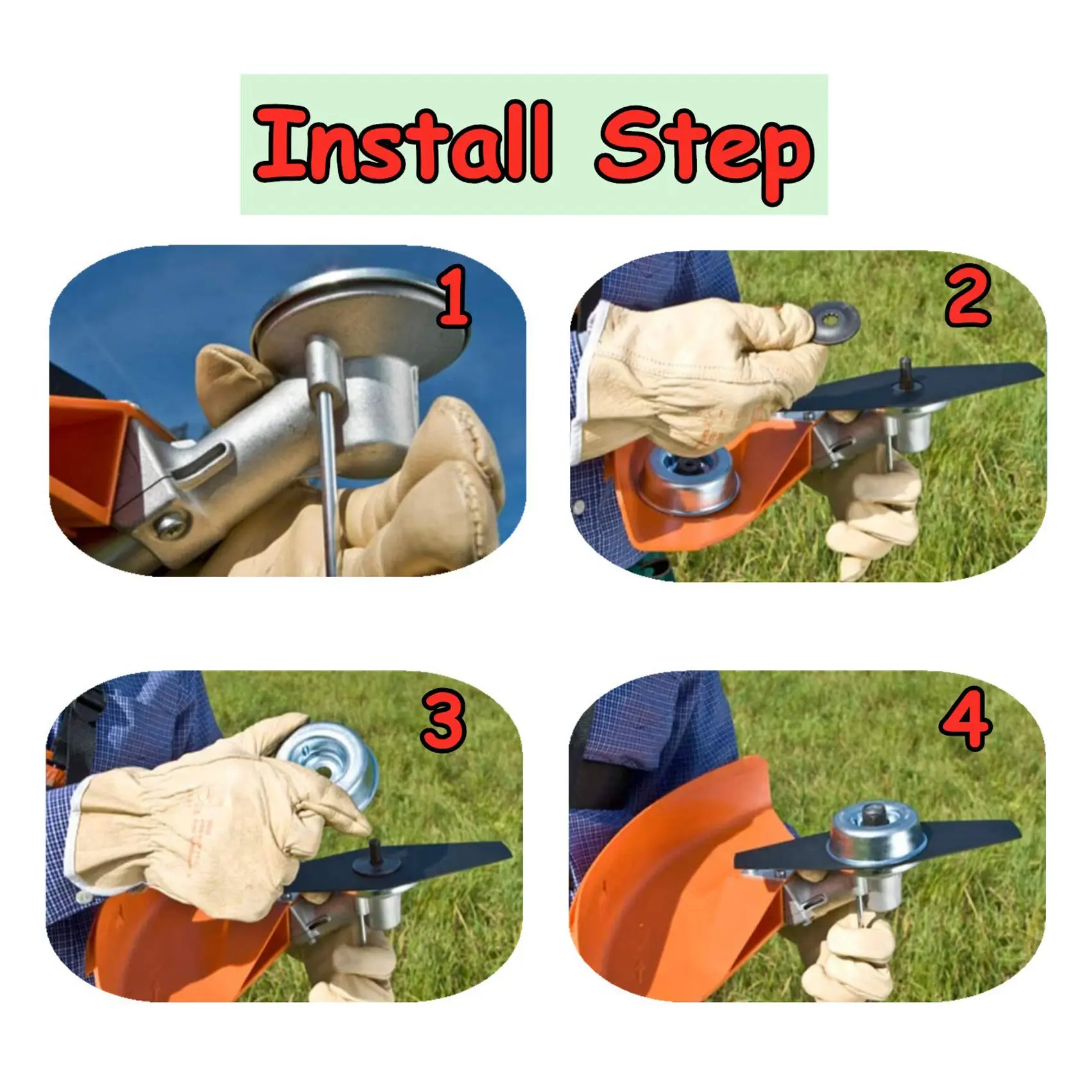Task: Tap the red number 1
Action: pos(454,298)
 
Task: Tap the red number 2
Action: pos(968,296)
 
